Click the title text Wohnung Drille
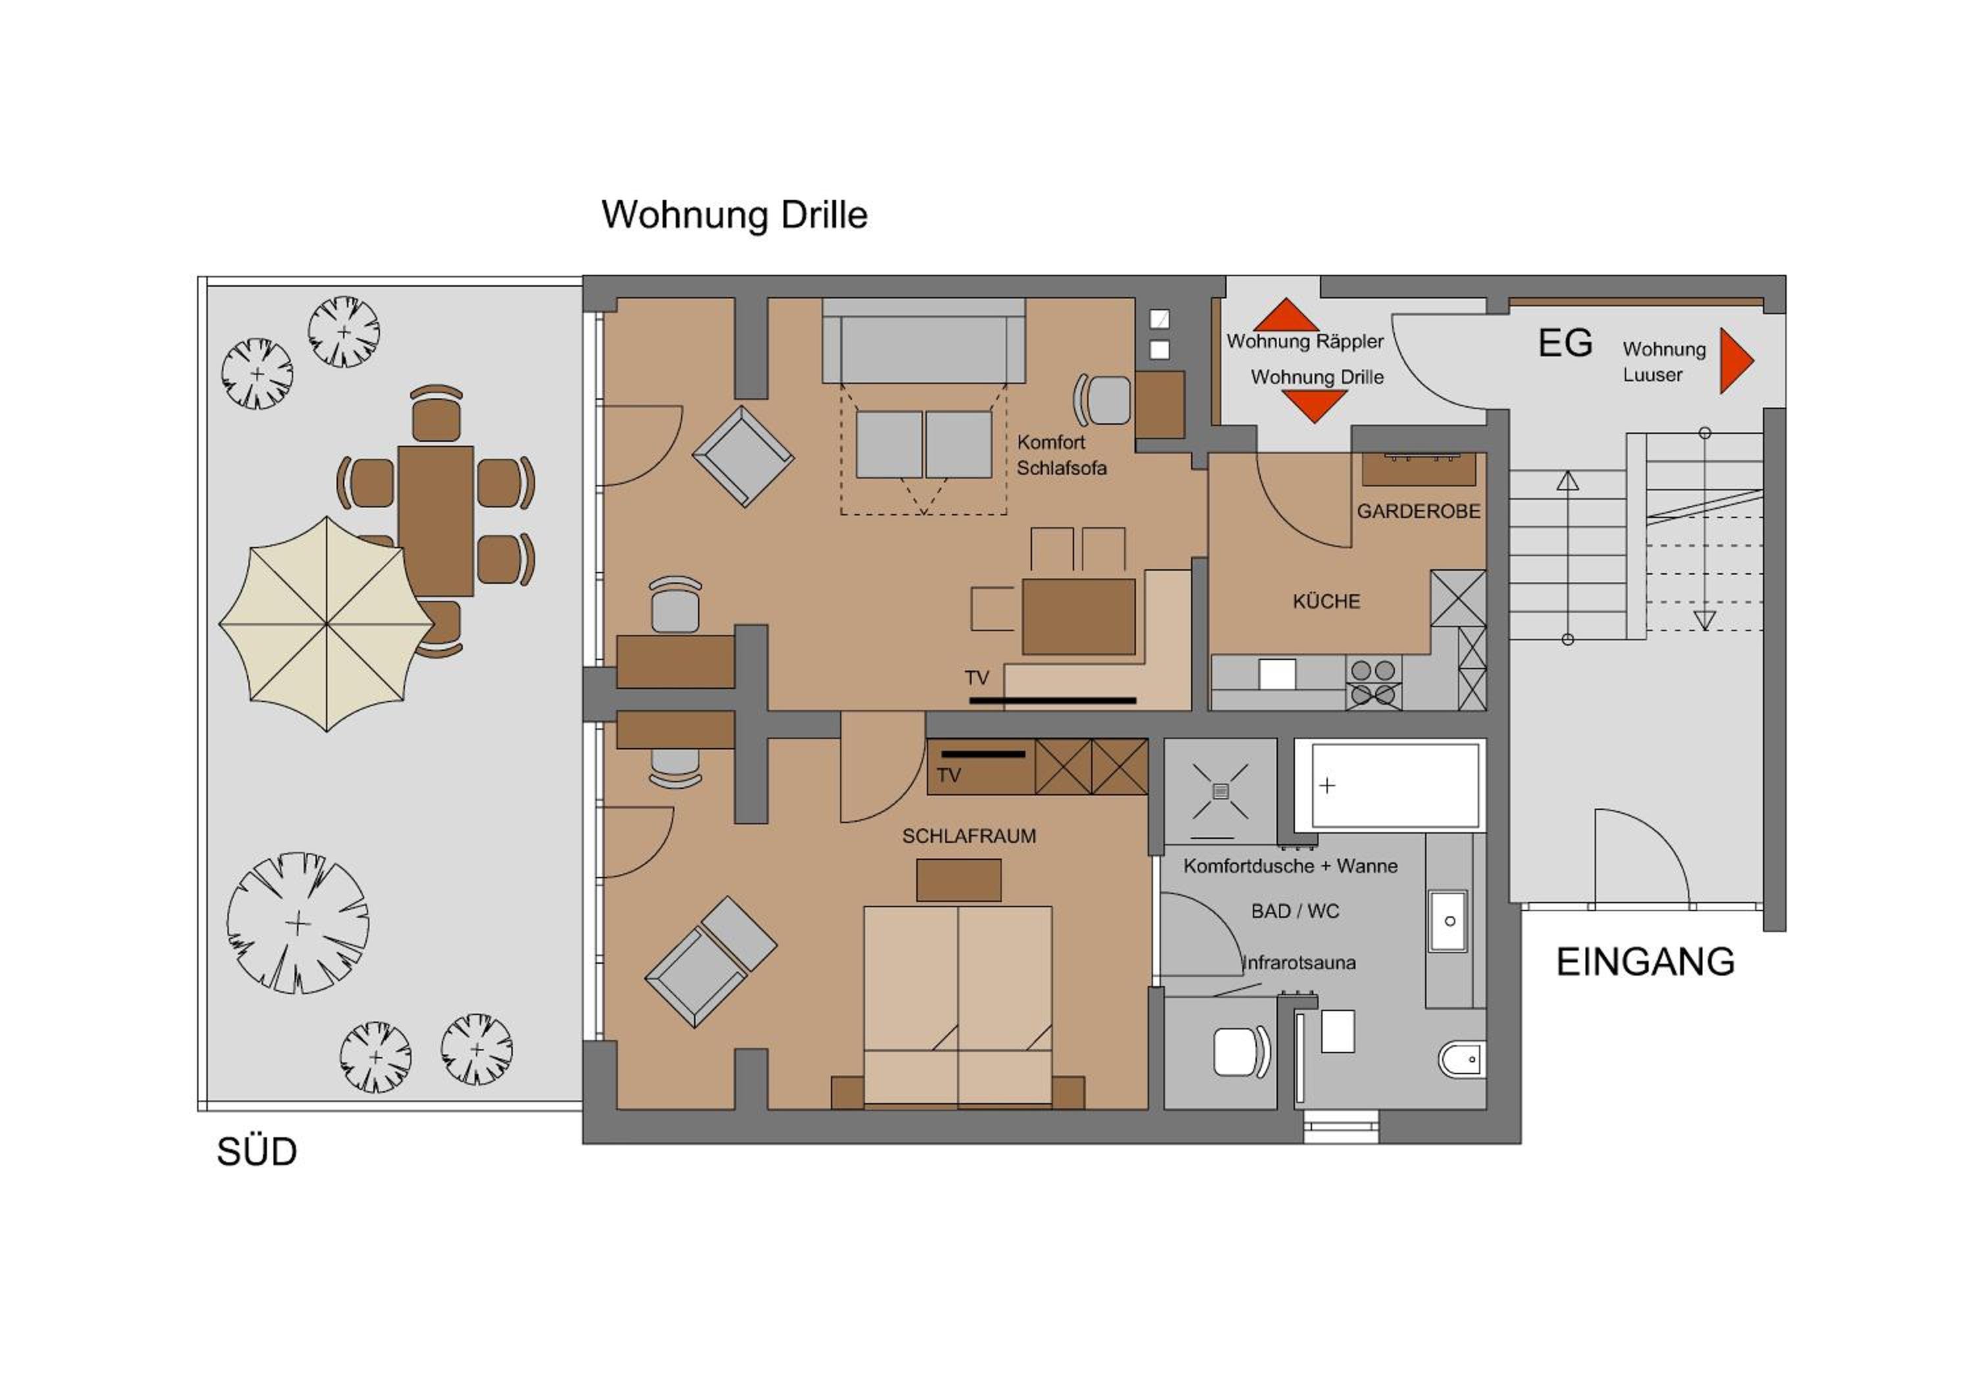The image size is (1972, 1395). [x=734, y=215]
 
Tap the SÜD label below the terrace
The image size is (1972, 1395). [x=257, y=1152]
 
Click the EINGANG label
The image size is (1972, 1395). [x=1645, y=962]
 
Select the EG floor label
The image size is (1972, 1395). [x=1565, y=344]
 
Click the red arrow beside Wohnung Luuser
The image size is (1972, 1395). [x=1734, y=361]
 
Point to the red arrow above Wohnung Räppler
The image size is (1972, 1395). [x=1286, y=316]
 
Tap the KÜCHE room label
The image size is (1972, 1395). [x=1326, y=602]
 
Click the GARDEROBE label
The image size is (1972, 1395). [x=1418, y=511]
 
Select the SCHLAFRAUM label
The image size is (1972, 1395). [x=969, y=836]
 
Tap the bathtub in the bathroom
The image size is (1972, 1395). [x=1390, y=785]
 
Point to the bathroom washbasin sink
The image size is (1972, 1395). [x=1447, y=921]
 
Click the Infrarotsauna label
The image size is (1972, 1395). [x=1299, y=963]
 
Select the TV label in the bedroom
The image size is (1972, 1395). [x=949, y=776]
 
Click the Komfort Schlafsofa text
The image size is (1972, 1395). [x=1062, y=456]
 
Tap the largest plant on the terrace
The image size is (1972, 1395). [x=297, y=924]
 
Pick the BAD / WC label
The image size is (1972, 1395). [x=1295, y=911]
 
